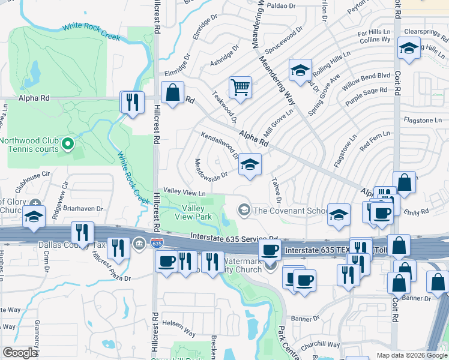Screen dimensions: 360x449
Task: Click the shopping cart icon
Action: pyautogui.click(x=240, y=88)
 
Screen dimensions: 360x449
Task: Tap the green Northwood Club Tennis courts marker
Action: pyautogui.click(x=68, y=143)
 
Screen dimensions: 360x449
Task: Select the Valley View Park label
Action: pyautogui.click(x=193, y=212)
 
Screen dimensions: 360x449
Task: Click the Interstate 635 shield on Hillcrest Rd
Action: pyautogui.click(x=157, y=243)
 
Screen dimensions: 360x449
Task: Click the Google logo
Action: pyautogui.click(x=20, y=353)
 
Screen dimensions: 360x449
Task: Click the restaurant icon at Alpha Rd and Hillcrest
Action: pyautogui.click(x=131, y=102)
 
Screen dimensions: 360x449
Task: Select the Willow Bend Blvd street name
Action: pyautogui.click(x=366, y=83)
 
